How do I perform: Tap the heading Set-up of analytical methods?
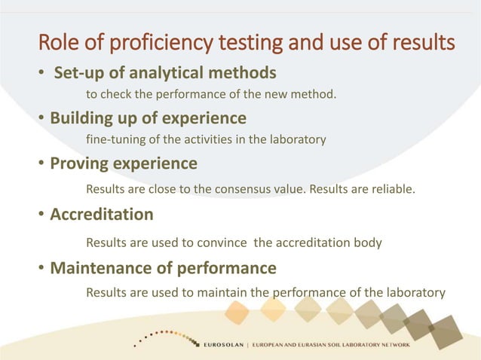[164, 73]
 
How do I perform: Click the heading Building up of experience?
[149, 118]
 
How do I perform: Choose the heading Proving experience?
[124, 163]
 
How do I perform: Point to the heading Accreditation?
[102, 215]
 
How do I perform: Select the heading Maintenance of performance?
[163, 267]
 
